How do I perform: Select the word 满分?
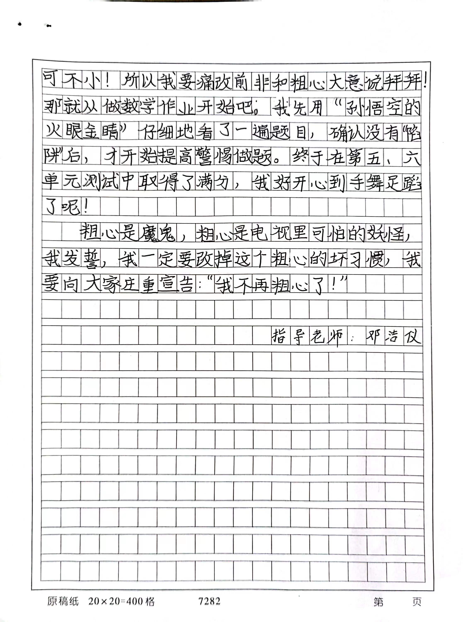(215, 182)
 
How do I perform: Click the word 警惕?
(214, 157)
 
